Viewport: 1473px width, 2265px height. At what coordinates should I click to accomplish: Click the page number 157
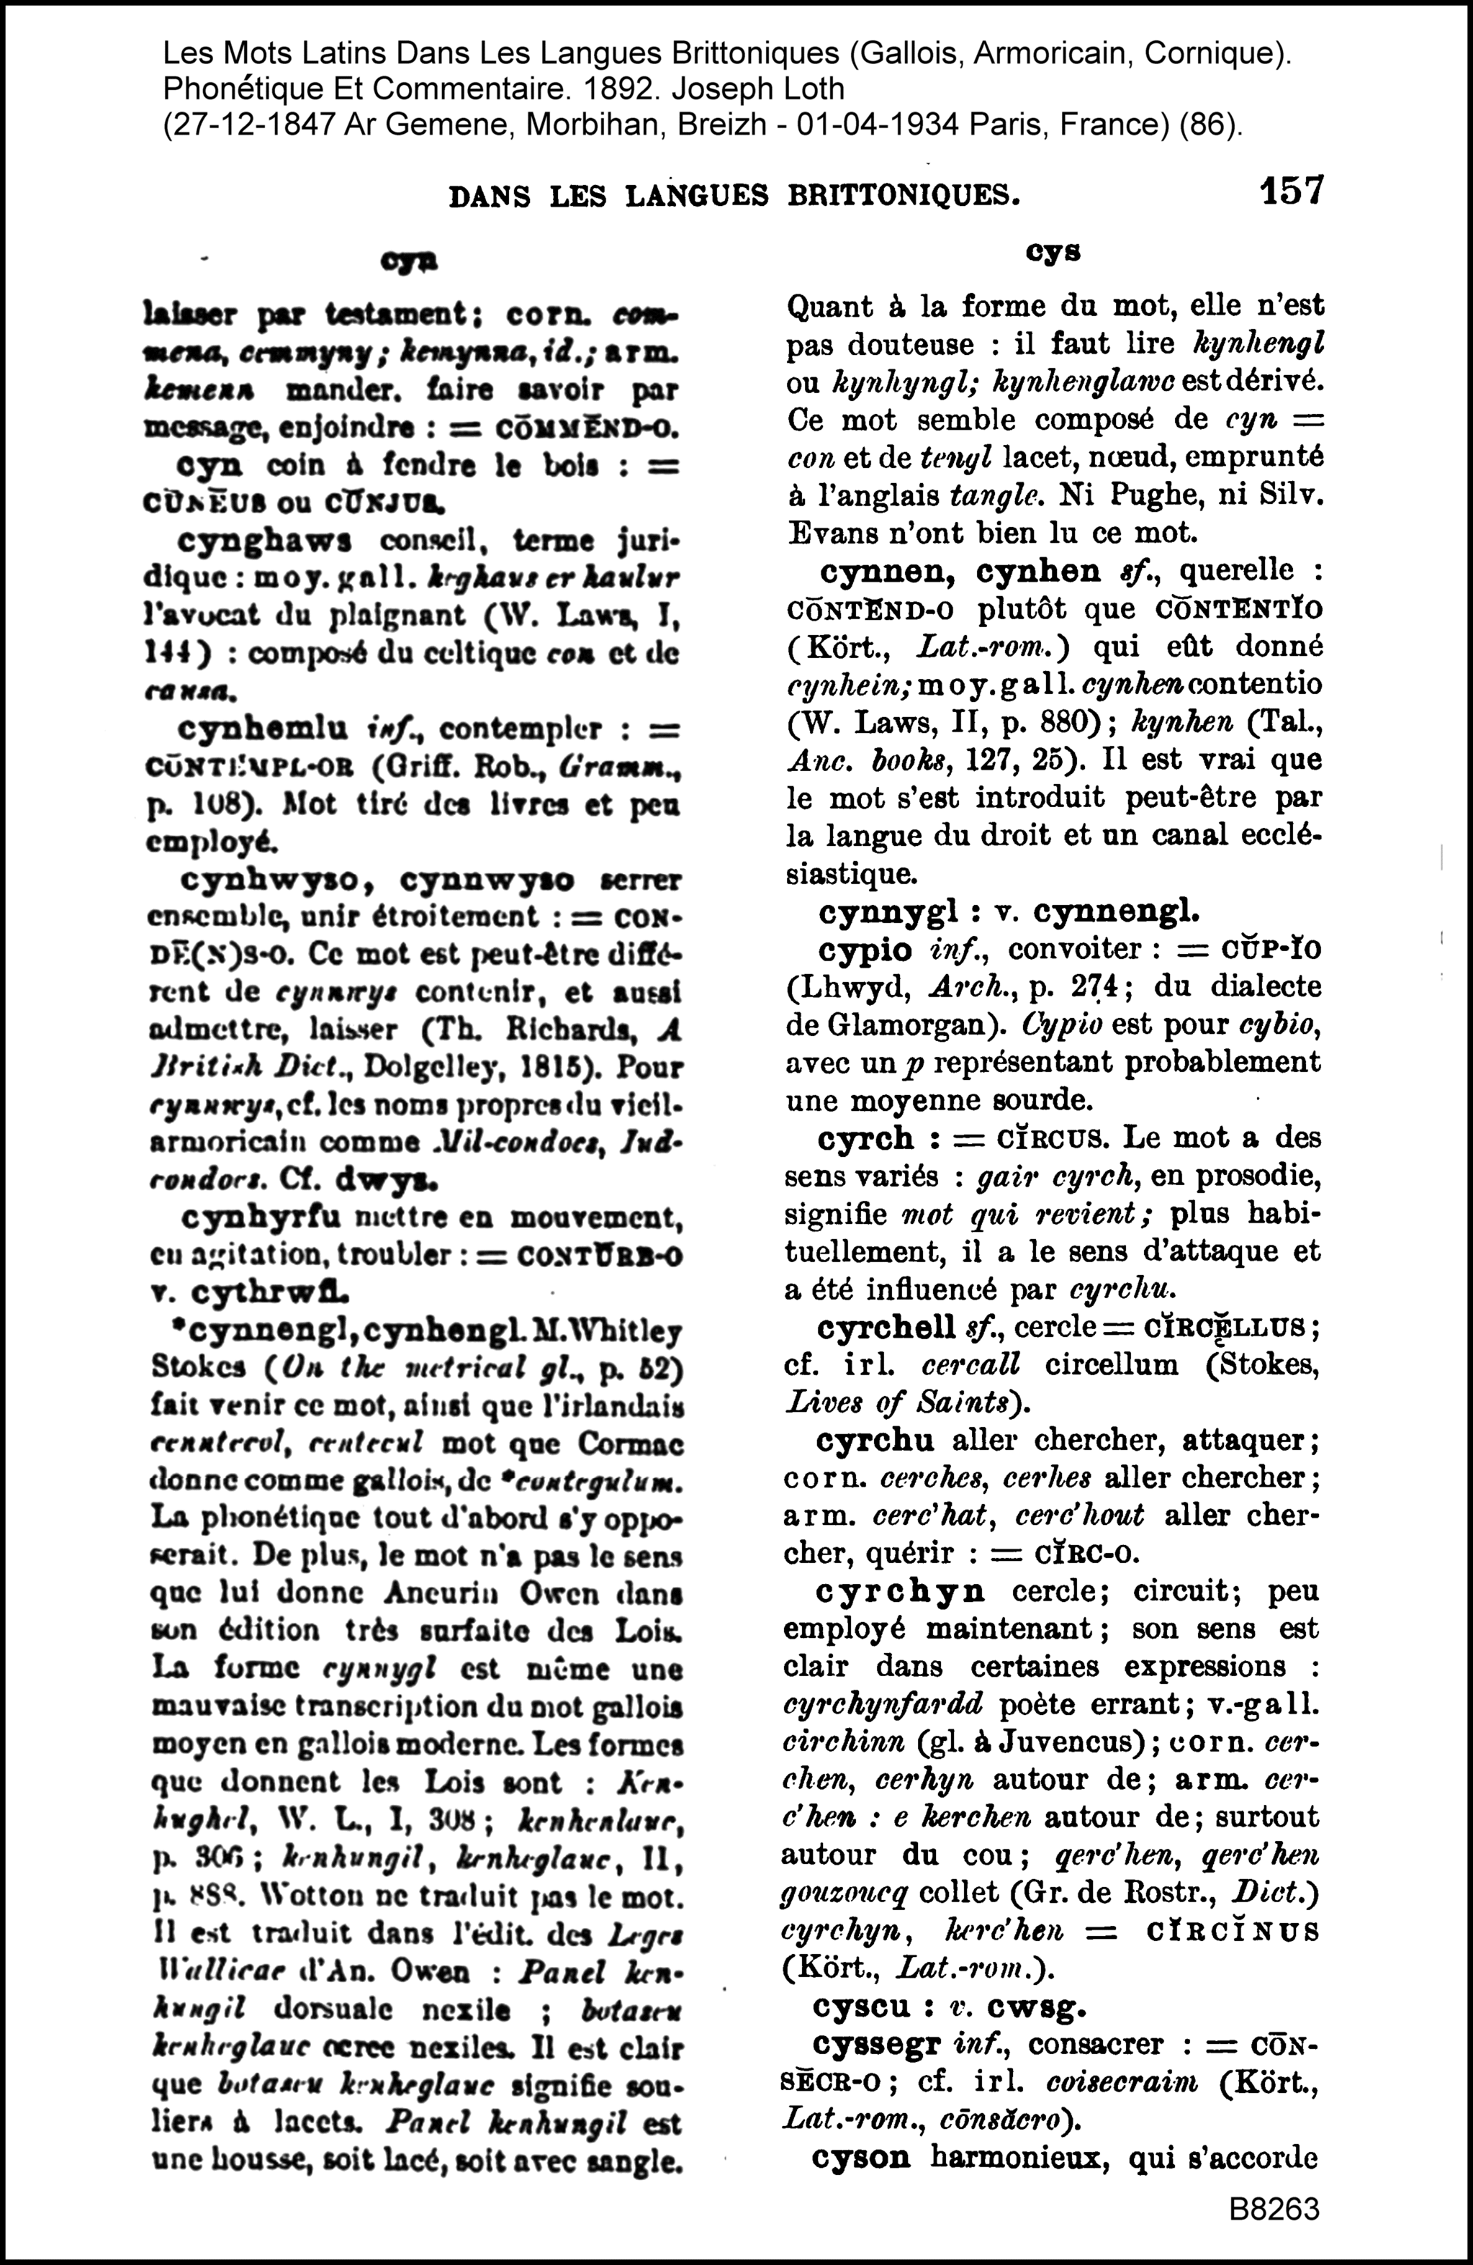(x=1291, y=191)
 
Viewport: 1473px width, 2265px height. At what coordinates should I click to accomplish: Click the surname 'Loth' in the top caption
(x=814, y=89)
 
